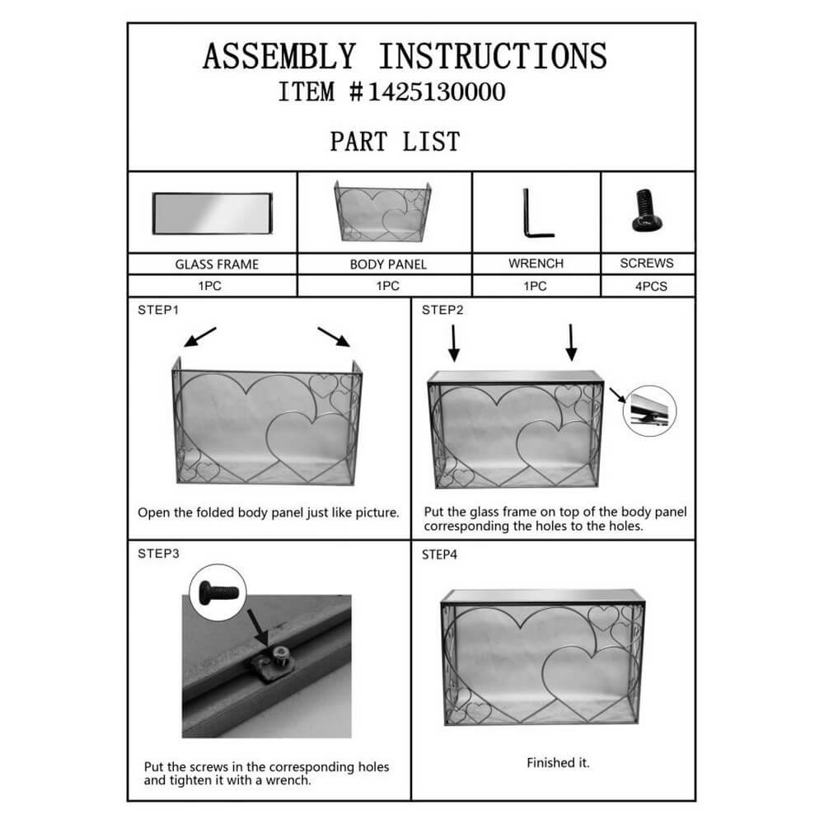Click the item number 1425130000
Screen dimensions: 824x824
(436, 92)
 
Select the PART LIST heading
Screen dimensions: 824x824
(396, 142)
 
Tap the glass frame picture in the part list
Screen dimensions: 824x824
(213, 213)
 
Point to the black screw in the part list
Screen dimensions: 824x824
(647, 211)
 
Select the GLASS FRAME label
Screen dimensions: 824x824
(217, 265)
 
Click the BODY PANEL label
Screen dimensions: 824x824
(388, 265)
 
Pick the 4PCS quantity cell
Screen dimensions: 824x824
(651, 287)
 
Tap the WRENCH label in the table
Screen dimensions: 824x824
(536, 264)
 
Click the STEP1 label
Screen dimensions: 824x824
(158, 310)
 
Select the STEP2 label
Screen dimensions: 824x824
(442, 310)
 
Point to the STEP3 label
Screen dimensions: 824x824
(158, 554)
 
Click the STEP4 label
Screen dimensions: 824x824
(439, 555)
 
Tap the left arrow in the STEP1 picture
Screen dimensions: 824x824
(199, 337)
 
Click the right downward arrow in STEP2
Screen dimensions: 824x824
(571, 343)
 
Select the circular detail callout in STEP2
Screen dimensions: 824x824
(649, 410)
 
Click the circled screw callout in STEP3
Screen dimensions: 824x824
(218, 592)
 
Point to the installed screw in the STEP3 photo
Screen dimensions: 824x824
(281, 655)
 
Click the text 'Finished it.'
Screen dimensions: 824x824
(558, 762)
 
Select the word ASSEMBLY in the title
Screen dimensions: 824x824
(279, 56)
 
